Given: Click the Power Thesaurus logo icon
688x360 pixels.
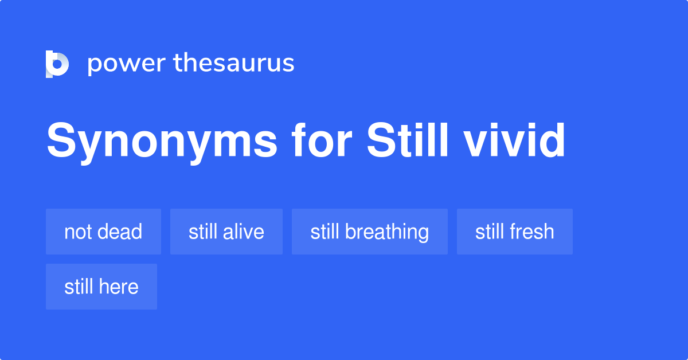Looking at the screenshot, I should point(57,64).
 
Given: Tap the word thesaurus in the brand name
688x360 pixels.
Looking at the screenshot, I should point(234,63).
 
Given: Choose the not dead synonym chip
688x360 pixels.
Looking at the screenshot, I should point(103,232).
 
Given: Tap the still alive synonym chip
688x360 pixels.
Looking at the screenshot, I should point(226,232).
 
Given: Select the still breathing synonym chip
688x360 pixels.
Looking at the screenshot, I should point(370,232).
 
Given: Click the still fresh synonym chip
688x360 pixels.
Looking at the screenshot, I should point(515,232).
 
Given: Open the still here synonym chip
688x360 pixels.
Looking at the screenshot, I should point(101,287).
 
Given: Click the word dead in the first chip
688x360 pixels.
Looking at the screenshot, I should point(119,232).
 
